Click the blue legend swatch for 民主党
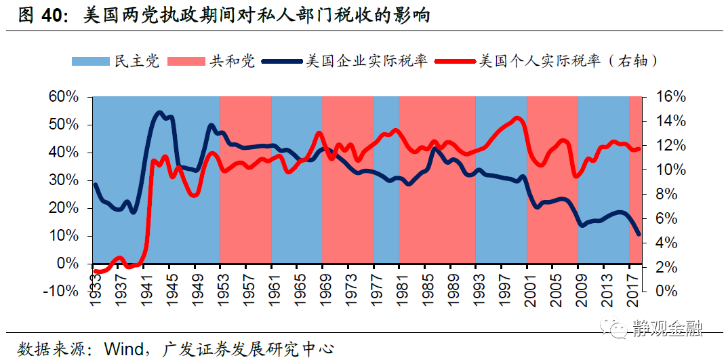pyautogui.click(x=90, y=62)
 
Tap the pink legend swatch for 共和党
pyautogui.click(x=186, y=62)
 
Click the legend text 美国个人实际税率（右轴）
pyautogui.click(x=568, y=62)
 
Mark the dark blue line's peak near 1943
pyautogui.click(x=160, y=113)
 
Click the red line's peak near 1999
pyautogui.click(x=518, y=118)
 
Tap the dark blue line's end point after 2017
pyautogui.click(x=639, y=235)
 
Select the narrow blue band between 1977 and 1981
pyautogui.click(x=386, y=203)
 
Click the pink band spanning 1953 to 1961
pyautogui.click(x=245, y=203)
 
